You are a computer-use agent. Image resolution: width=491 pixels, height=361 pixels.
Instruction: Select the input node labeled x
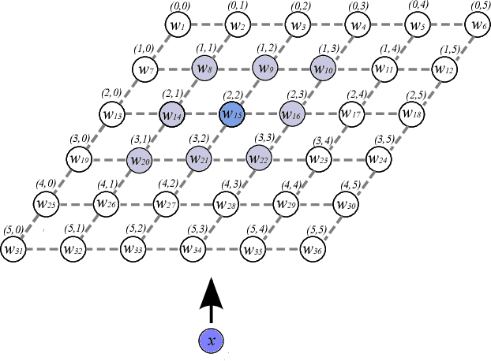210,341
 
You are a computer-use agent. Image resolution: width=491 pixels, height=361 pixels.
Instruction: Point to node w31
13,249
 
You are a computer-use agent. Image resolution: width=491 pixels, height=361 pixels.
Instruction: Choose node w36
314,249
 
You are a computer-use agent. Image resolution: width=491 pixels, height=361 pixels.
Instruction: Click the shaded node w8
203,69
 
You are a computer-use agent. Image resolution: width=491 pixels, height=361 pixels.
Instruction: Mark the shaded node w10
324,69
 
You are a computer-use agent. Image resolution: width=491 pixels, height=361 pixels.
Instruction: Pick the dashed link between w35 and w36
284,249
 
